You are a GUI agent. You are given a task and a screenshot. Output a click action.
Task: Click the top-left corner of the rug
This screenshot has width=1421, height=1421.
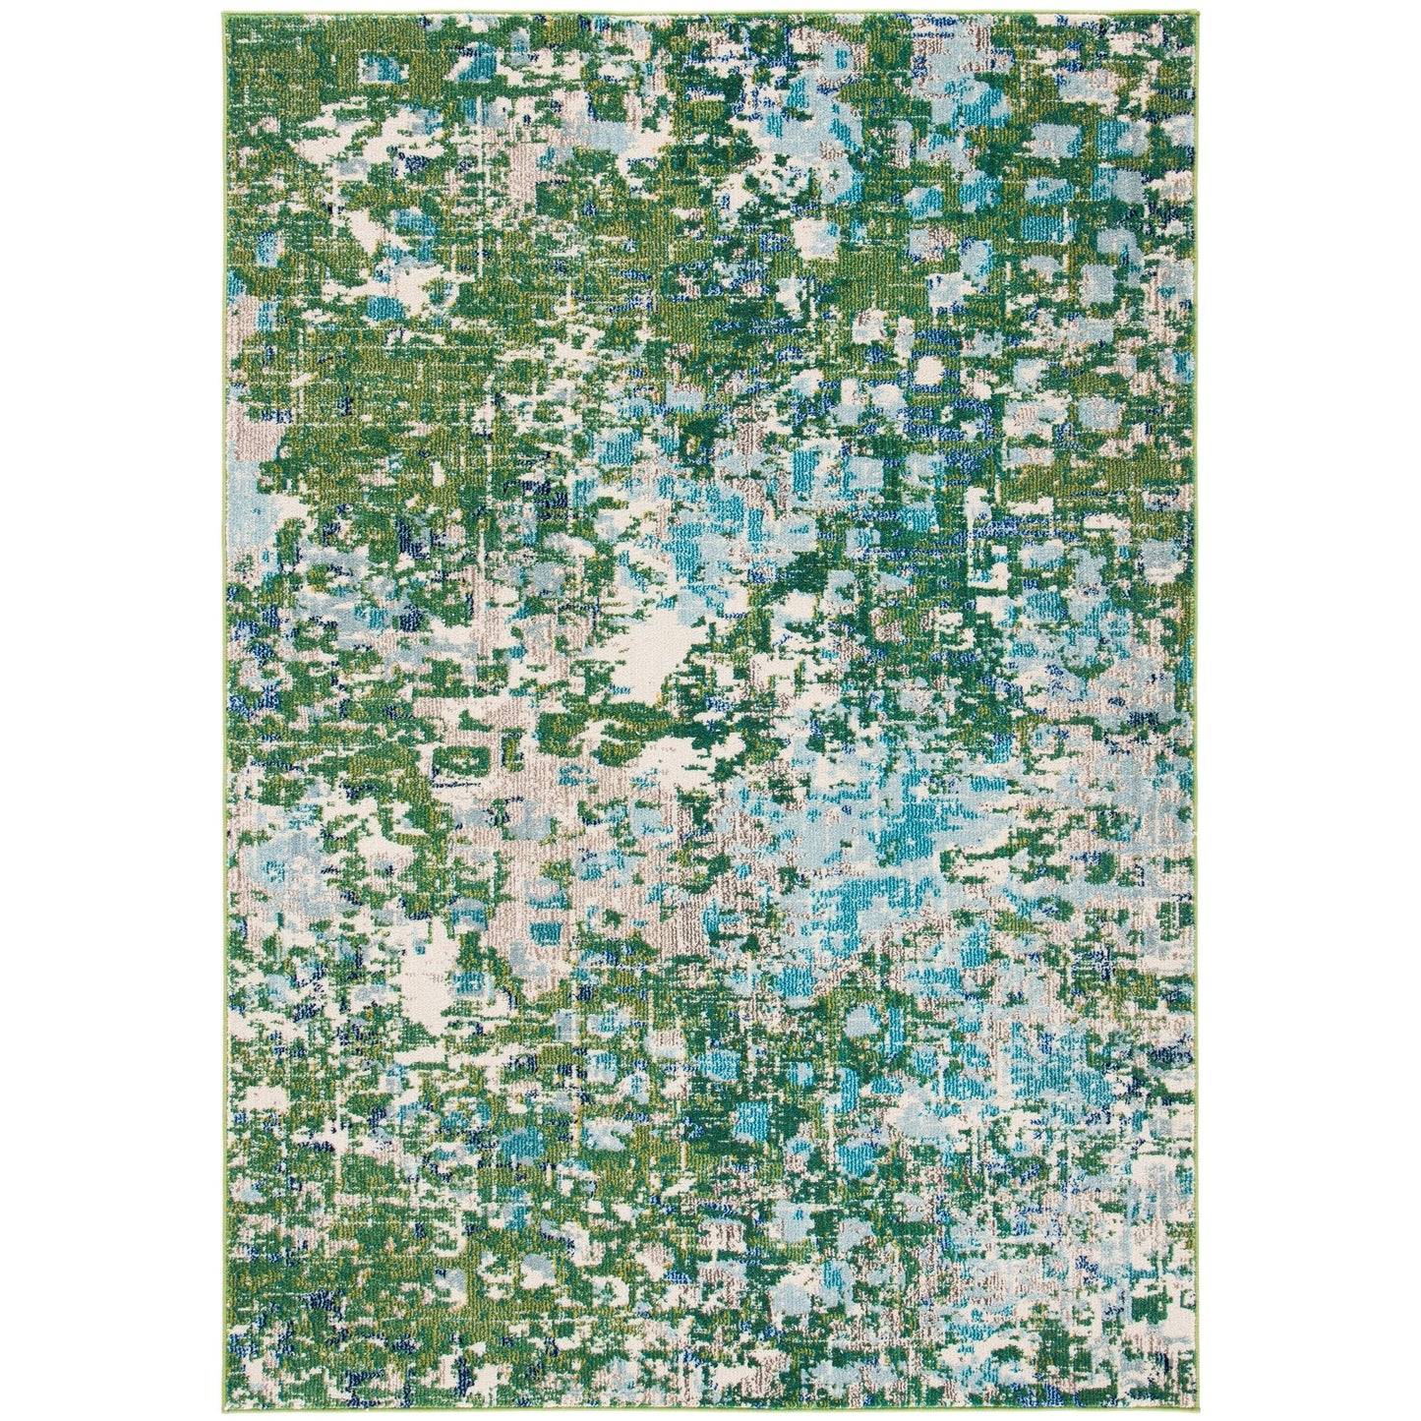tap(230, 14)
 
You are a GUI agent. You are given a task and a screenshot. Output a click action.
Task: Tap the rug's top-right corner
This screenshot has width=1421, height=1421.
tap(1192, 14)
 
